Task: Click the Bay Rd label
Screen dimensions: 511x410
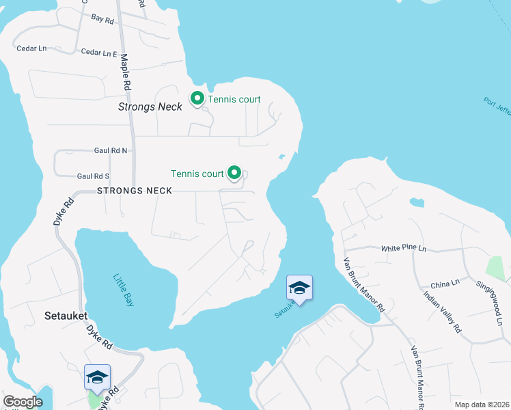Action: [102, 20]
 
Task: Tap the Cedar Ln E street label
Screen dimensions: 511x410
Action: [100, 53]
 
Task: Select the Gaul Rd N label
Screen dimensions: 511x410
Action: [111, 150]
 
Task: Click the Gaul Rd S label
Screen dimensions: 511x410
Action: [94, 176]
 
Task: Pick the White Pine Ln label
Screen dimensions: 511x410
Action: [404, 248]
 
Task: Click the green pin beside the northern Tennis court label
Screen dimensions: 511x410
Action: [197, 99]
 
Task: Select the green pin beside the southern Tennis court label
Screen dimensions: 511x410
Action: [235, 174]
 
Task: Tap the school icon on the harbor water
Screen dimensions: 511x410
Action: [299, 288]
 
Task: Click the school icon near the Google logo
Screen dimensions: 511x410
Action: [97, 377]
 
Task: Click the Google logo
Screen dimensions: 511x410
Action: [23, 402]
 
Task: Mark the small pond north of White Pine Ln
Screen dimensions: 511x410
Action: [416, 202]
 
